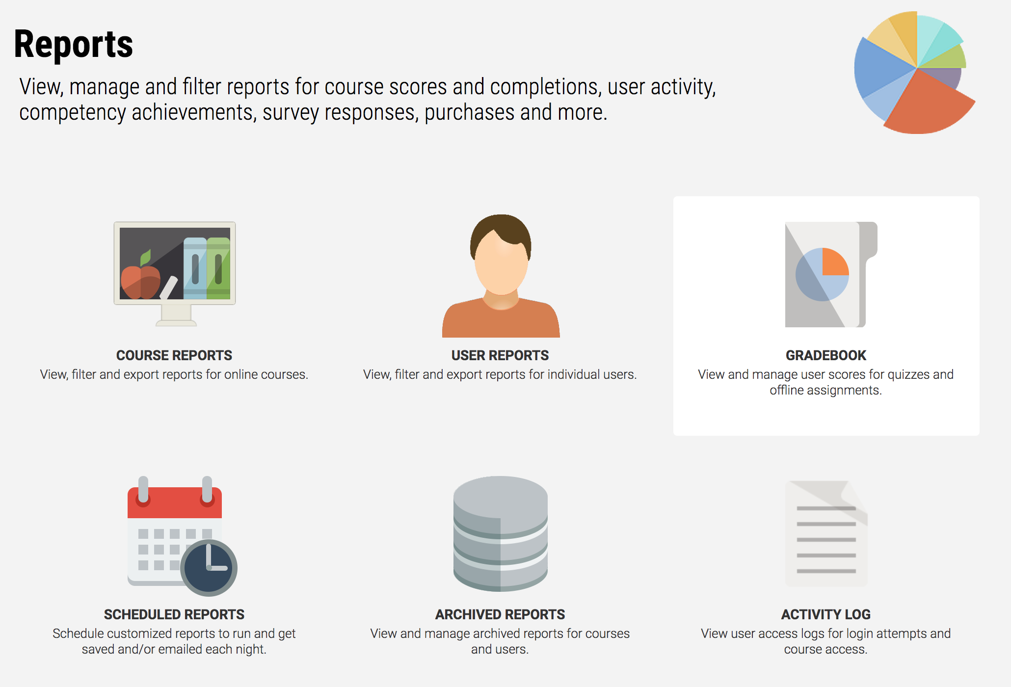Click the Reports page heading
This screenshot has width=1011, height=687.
pyautogui.click(x=74, y=44)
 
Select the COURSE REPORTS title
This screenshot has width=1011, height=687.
pyautogui.click(x=174, y=355)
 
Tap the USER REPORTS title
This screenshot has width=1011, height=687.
pyautogui.click(x=500, y=355)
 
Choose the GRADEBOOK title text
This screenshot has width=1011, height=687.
pyautogui.click(x=826, y=355)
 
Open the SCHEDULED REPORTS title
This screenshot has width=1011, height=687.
pyautogui.click(x=174, y=614)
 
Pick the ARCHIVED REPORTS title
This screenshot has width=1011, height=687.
pyautogui.click(x=500, y=614)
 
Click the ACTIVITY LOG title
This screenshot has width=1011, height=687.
pyautogui.click(x=826, y=614)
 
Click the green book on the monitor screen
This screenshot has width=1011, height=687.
pyautogui.click(x=218, y=268)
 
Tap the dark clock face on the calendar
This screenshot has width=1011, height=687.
pyautogui.click(x=209, y=568)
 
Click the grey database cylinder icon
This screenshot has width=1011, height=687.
pyautogui.click(x=501, y=534)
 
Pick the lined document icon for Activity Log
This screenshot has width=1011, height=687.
pyautogui.click(x=826, y=534)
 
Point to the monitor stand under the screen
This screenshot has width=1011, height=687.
pyautogui.click(x=176, y=316)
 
